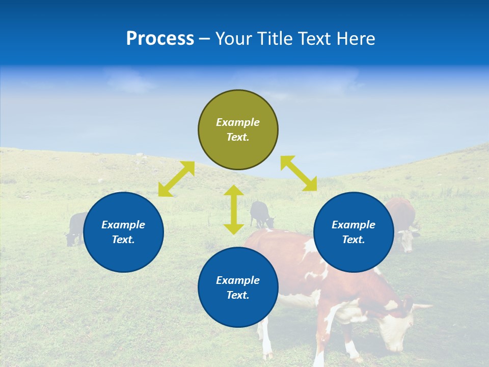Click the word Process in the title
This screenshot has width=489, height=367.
point(160,39)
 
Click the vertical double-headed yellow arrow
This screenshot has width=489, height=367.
point(234,209)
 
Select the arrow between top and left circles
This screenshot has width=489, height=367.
point(176,179)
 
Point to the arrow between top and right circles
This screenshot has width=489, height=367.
point(298,173)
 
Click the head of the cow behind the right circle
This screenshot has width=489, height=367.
point(407,239)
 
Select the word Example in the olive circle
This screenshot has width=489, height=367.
point(238,122)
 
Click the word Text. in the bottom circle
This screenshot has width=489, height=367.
point(238,295)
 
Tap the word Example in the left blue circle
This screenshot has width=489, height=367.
point(123,225)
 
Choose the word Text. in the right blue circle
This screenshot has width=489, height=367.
point(354,240)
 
